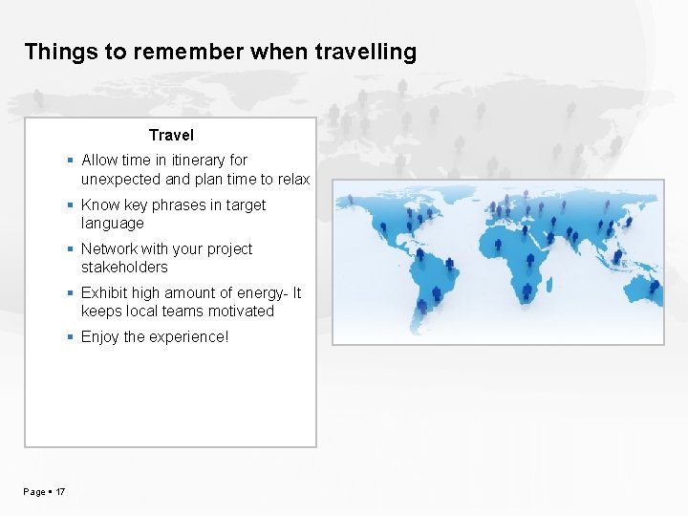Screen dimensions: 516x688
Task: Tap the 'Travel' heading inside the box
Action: (x=171, y=136)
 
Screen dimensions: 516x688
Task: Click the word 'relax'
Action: (x=292, y=179)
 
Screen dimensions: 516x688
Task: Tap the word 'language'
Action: (x=112, y=224)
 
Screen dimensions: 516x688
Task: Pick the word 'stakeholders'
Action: (x=124, y=268)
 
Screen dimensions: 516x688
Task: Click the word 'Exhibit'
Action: (x=105, y=292)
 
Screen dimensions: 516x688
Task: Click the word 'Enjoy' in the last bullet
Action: (x=100, y=336)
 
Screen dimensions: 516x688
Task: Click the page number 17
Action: (x=60, y=492)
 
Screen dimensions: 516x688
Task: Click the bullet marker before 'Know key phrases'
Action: (x=72, y=205)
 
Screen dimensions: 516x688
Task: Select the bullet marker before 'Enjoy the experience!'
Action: (x=72, y=337)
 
